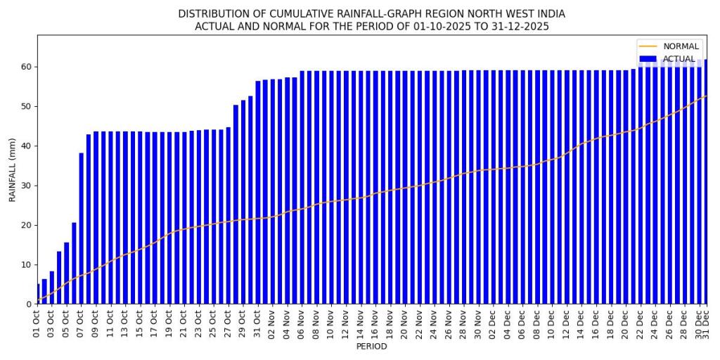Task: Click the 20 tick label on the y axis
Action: click(x=27, y=225)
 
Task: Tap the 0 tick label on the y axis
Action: click(x=29, y=304)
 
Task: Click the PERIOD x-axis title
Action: click(x=371, y=347)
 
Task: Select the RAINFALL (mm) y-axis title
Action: click(x=12, y=169)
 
